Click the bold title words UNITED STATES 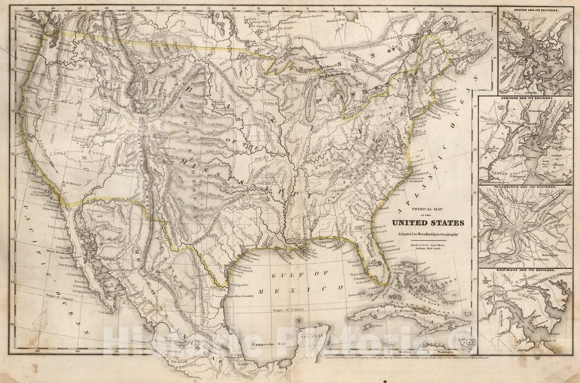point(428,223)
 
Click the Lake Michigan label point(315,114)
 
